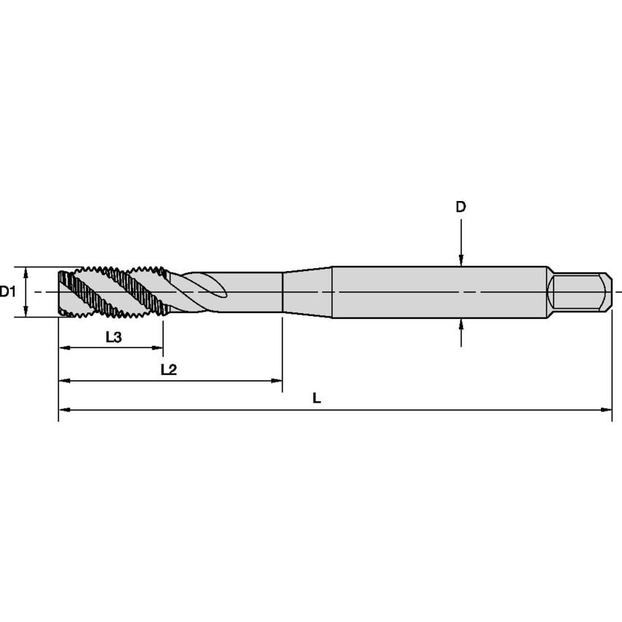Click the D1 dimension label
coord(8,292)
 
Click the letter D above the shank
coord(460,208)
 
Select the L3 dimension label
coord(113,336)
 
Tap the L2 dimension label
coord(168,369)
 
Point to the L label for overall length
coord(316,398)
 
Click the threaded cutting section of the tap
coord(113,292)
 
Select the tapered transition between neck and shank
coord(307,292)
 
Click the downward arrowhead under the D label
coord(461,260)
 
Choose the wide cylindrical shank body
coord(437,292)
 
